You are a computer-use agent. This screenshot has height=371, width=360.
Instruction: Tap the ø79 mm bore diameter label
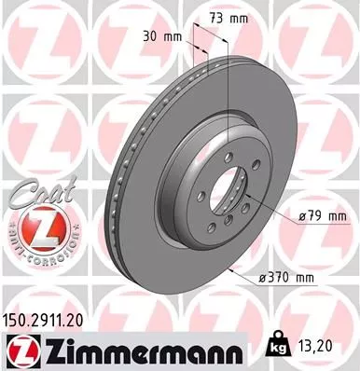[x=321, y=216]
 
